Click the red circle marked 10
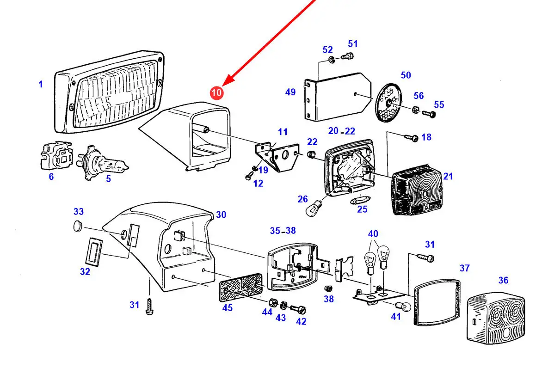tap(216, 92)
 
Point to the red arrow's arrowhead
tap(228, 82)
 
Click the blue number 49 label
tap(290, 92)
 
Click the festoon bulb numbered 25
tap(359, 202)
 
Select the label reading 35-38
tap(283, 231)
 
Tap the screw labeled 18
tap(410, 137)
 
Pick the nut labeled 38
tap(327, 288)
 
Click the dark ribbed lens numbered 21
tap(418, 193)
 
